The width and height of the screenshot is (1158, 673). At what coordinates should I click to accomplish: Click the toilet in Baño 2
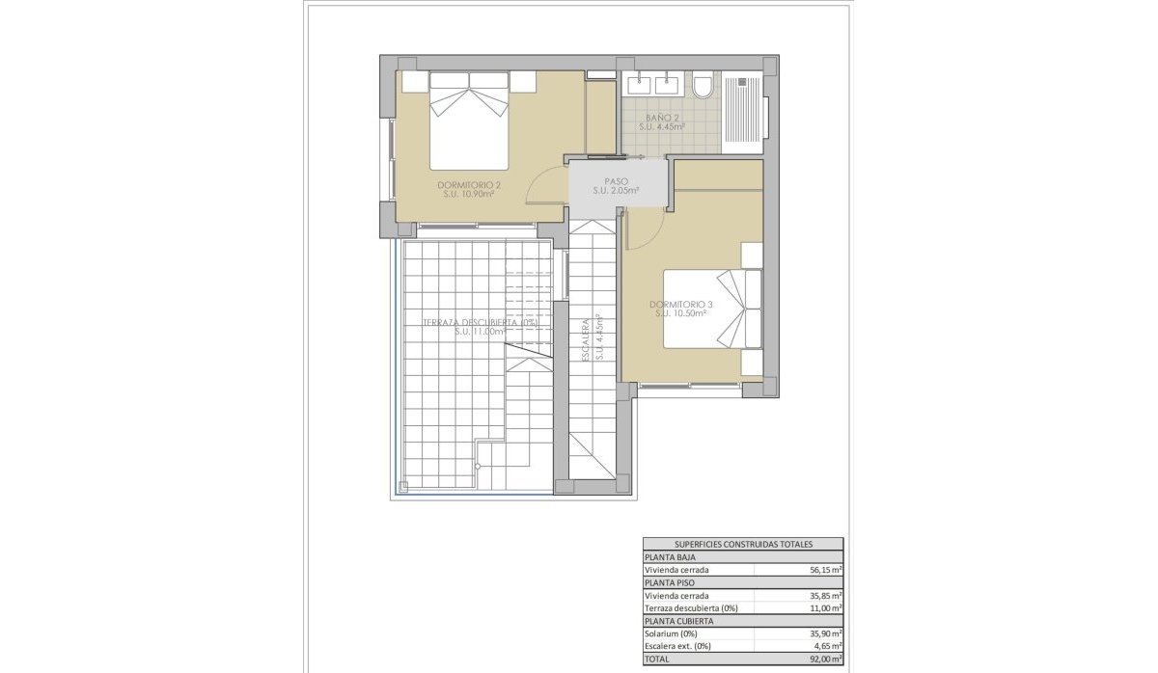click(703, 87)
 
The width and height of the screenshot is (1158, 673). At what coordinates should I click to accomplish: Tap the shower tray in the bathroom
click(744, 112)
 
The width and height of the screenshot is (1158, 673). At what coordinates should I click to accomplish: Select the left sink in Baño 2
click(639, 85)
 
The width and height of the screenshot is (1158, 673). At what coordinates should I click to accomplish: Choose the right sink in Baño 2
click(667, 85)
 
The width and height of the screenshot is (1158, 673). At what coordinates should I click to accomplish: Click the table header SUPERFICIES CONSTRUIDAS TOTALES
click(742, 544)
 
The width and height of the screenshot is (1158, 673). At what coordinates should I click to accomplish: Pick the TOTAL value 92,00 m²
click(824, 659)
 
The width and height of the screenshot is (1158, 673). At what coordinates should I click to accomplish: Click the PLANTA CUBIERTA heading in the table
click(679, 621)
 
